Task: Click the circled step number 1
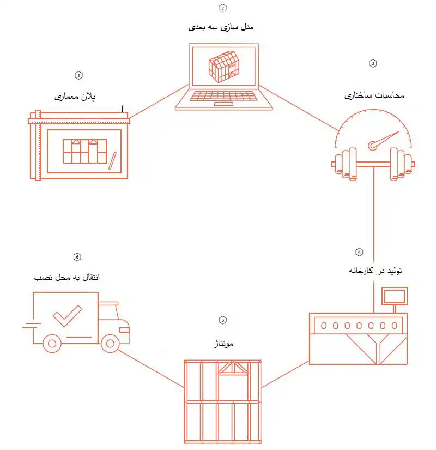click(x=78, y=74)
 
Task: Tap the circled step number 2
click(x=222, y=8)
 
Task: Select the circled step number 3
click(x=373, y=63)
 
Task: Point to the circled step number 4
click(x=359, y=251)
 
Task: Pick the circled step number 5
click(x=222, y=320)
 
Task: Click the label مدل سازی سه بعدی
click(x=222, y=26)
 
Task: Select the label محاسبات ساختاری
click(x=375, y=95)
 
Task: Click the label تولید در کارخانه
click(x=375, y=271)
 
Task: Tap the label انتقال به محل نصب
click(x=66, y=277)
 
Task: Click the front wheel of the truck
click(x=111, y=343)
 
